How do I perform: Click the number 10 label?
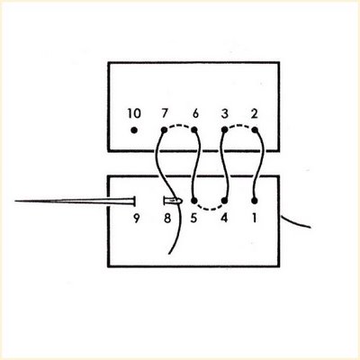click(x=134, y=113)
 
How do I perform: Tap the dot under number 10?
click(x=134, y=130)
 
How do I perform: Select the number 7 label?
click(x=165, y=113)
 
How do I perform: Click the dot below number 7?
click(x=164, y=130)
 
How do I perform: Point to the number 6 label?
click(x=195, y=113)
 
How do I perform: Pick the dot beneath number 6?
click(x=194, y=130)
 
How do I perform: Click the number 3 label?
click(x=225, y=113)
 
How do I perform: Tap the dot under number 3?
click(x=224, y=130)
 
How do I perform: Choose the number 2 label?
click(x=254, y=113)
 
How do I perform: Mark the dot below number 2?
click(x=255, y=130)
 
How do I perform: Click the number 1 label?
click(x=255, y=218)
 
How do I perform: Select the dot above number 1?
click(x=255, y=201)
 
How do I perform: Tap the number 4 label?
click(x=224, y=218)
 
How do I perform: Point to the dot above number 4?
click(x=224, y=201)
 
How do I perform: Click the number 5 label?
click(x=194, y=218)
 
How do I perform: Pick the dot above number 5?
click(x=194, y=201)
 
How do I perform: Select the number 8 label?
click(x=167, y=218)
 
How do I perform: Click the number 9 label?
click(x=137, y=219)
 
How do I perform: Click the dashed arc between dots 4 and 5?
click(x=210, y=209)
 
